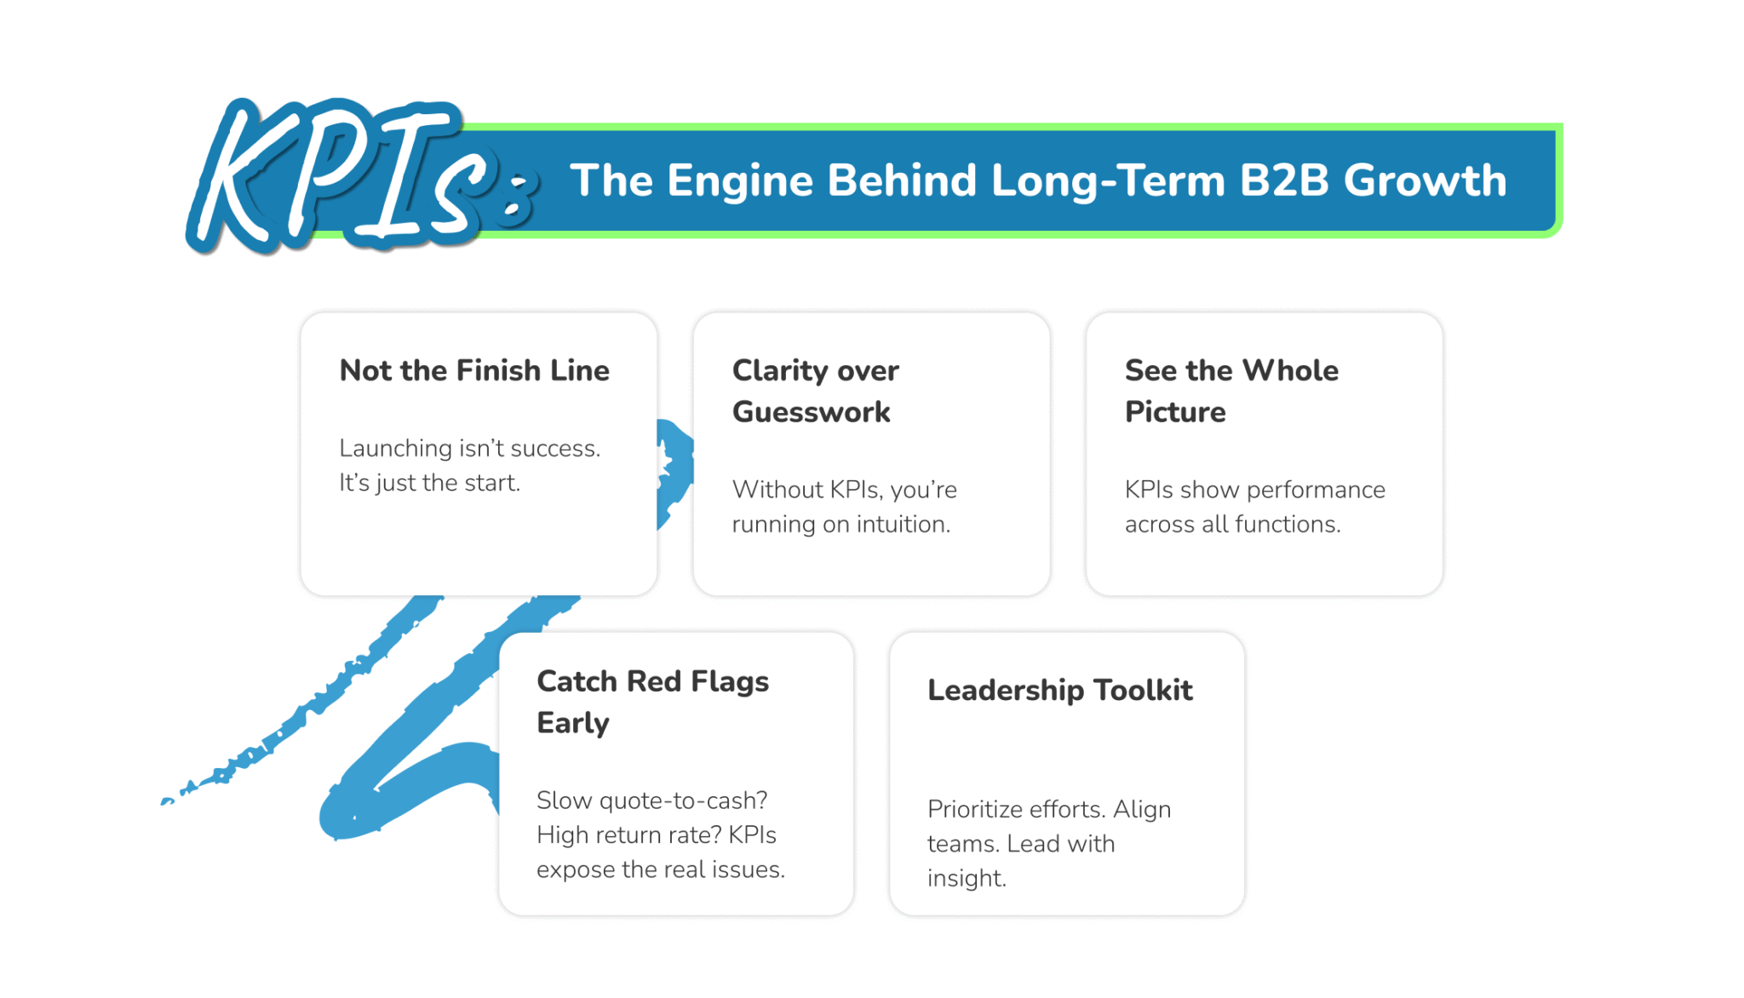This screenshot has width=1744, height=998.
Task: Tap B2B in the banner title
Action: point(1283,181)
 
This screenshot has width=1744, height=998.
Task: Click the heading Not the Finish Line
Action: point(474,370)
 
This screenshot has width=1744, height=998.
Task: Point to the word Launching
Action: point(395,449)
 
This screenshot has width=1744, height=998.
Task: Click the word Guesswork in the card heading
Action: point(811,412)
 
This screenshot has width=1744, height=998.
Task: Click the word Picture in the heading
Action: point(1175,412)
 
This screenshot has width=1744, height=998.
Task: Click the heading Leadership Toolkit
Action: point(1059,690)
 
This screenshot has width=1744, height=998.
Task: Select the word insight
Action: point(966,879)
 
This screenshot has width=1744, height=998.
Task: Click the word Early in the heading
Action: point(573,723)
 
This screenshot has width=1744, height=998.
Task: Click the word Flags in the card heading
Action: point(730,681)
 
